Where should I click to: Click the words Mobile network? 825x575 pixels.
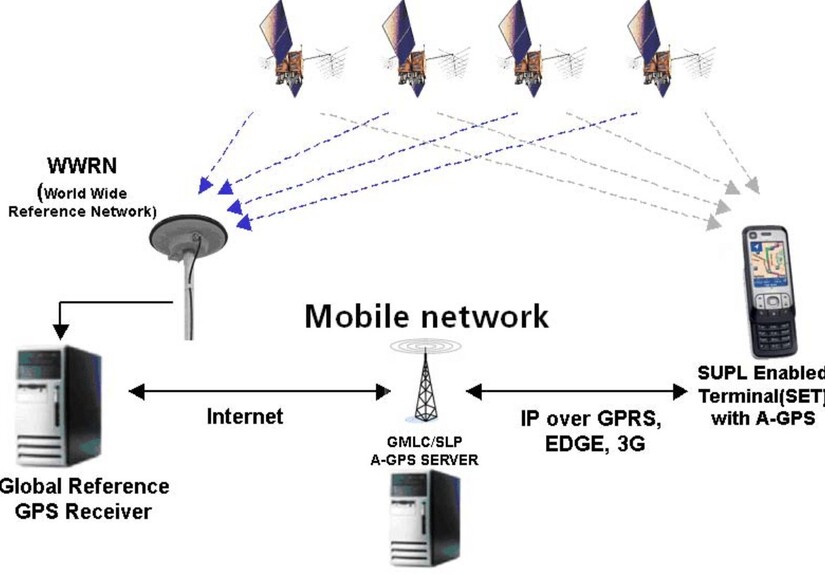click(426, 316)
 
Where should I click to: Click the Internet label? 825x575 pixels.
click(245, 416)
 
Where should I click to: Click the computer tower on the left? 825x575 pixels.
click(45, 405)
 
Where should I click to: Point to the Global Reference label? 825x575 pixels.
click(86, 487)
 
